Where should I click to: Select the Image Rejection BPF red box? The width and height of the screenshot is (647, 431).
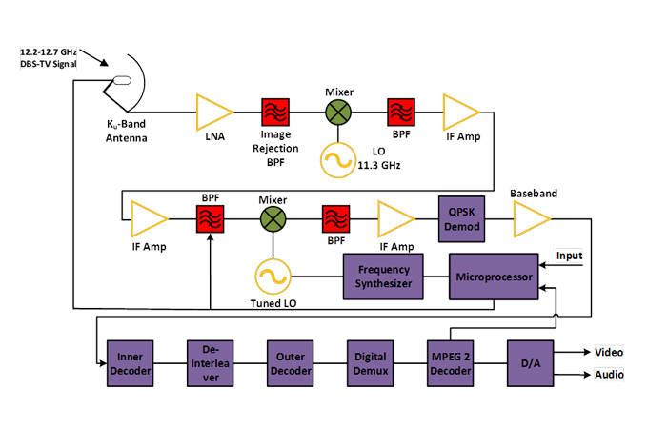tap(274, 112)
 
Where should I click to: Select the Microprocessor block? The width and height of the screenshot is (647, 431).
tap(493, 277)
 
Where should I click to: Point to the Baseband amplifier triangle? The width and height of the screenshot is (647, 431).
tap(531, 220)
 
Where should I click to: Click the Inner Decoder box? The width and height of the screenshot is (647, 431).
tap(129, 362)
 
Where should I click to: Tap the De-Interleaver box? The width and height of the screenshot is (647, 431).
tap(209, 362)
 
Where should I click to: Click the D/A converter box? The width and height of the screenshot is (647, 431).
tap(529, 362)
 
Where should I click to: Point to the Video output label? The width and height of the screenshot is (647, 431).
tap(609, 351)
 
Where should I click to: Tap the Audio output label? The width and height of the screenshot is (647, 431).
tap(609, 375)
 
